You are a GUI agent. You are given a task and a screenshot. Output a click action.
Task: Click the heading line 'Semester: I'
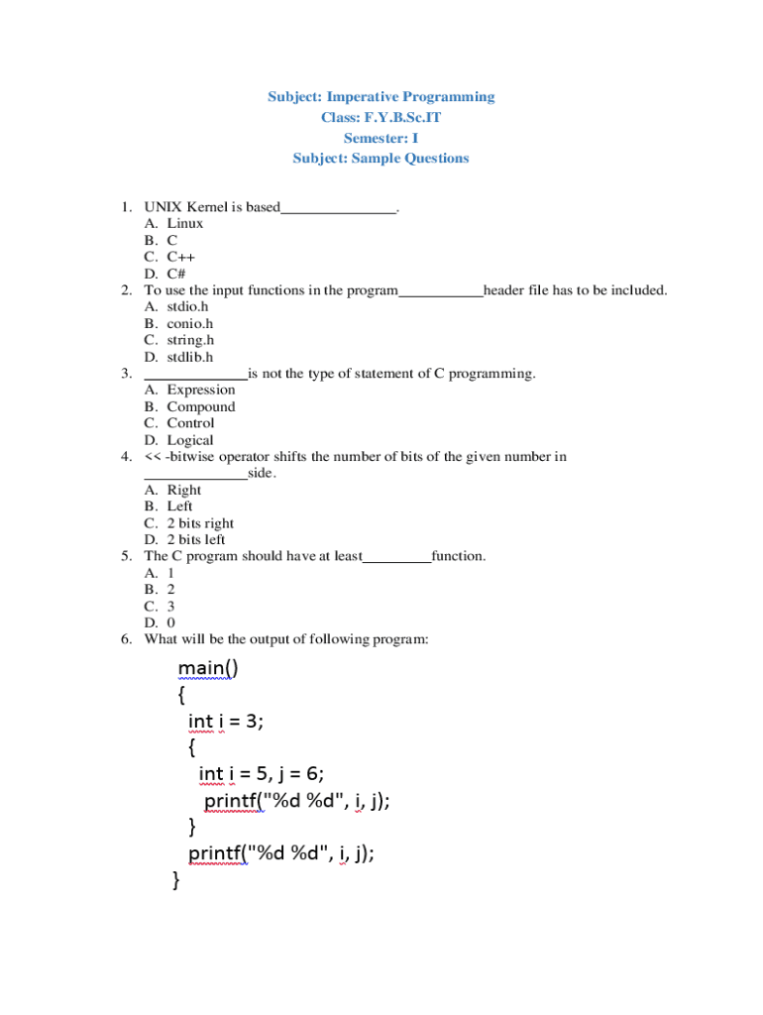[381, 138]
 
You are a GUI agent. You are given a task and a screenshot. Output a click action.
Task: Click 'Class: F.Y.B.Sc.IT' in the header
[381, 117]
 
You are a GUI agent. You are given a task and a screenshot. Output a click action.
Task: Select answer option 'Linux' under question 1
[184, 223]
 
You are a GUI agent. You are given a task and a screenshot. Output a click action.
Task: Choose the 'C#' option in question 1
[176, 274]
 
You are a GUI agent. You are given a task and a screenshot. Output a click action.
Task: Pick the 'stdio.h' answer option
[187, 306]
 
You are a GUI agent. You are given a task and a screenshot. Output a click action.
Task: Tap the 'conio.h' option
[189, 323]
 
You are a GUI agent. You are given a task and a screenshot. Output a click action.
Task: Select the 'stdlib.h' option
[189, 357]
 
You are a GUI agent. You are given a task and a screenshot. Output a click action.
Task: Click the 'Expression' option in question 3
[201, 390]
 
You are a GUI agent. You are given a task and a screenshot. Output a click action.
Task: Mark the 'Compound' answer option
[201, 406]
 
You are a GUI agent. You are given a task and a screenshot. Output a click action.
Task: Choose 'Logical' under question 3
[189, 440]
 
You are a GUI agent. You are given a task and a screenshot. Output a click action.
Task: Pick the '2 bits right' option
[200, 523]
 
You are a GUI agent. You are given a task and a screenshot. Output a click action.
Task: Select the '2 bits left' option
[196, 540]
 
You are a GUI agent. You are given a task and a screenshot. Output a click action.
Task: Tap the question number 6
[126, 639]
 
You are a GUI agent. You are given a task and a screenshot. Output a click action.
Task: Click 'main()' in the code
[208, 669]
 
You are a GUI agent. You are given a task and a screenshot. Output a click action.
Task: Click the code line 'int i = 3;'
[226, 722]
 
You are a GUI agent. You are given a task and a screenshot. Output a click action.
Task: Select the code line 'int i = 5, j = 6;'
[262, 774]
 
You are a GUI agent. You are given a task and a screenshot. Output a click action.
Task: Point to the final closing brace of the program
[176, 879]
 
